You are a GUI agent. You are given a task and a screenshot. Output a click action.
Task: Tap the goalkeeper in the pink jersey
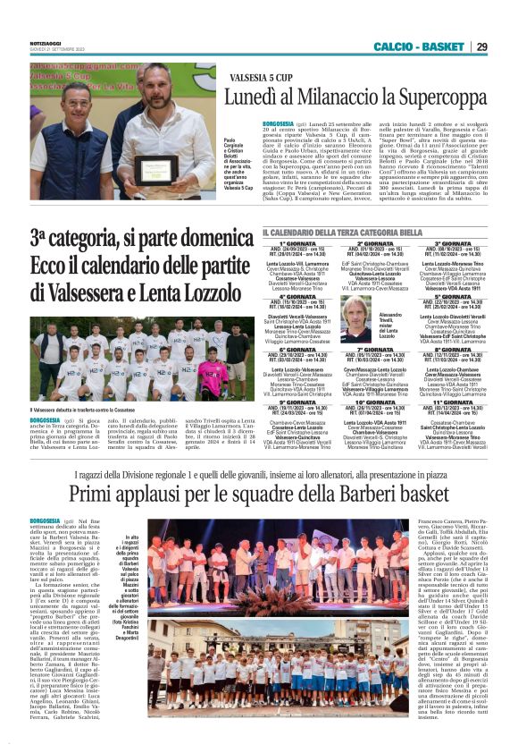coord(212,375)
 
